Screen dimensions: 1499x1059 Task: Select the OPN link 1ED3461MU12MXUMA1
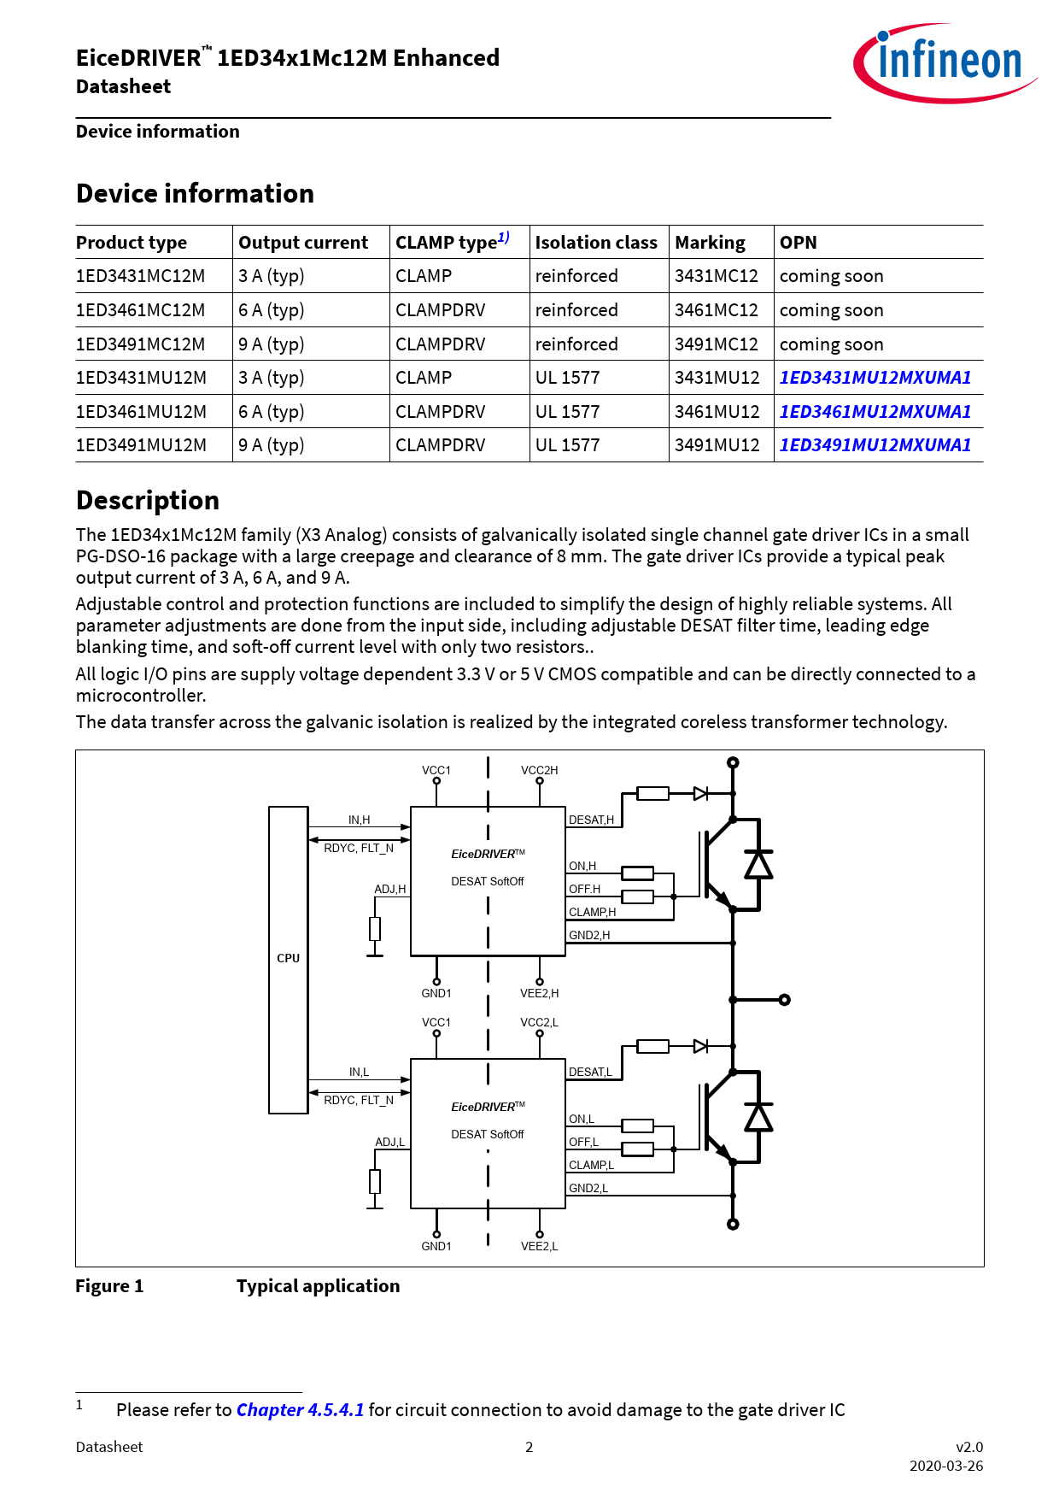point(875,412)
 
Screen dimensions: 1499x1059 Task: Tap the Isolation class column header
point(596,243)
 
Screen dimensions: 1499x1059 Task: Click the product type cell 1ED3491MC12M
point(141,344)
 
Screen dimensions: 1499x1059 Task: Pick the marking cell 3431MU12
point(717,378)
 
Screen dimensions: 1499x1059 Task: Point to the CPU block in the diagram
point(288,959)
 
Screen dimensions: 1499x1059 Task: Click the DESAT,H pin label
point(591,820)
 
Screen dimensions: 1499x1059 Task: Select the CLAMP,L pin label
point(591,1166)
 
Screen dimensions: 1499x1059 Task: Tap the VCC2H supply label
point(539,770)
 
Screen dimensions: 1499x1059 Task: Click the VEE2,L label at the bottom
point(539,1247)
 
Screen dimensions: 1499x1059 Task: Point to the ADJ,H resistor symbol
point(375,929)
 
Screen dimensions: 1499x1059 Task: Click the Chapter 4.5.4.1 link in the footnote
point(300,1410)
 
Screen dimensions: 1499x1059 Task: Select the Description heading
point(148,501)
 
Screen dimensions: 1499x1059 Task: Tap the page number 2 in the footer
point(529,1447)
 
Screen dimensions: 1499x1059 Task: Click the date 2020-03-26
point(945,1466)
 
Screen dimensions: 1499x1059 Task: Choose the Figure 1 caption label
point(109,1286)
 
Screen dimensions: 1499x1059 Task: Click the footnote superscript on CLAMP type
point(504,238)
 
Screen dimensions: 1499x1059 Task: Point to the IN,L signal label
point(359,1073)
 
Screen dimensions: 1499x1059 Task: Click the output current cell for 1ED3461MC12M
point(272,310)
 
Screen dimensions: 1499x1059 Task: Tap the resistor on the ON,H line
point(637,873)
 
